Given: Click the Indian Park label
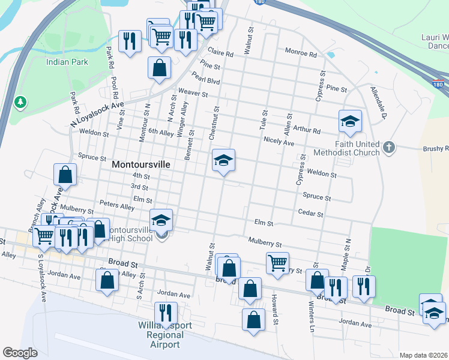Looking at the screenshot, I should click(x=67, y=62).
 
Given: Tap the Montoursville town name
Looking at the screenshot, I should click(x=141, y=164).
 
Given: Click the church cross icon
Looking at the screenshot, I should click(x=389, y=147).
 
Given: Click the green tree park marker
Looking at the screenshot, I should click(x=20, y=102).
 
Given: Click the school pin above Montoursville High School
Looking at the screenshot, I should click(x=161, y=221).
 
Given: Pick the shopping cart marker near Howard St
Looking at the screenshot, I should click(x=277, y=263).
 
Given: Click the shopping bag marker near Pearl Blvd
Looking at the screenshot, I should click(x=159, y=68).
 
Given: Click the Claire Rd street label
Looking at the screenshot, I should click(x=220, y=52).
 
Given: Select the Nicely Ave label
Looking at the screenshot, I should click(x=279, y=143).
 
